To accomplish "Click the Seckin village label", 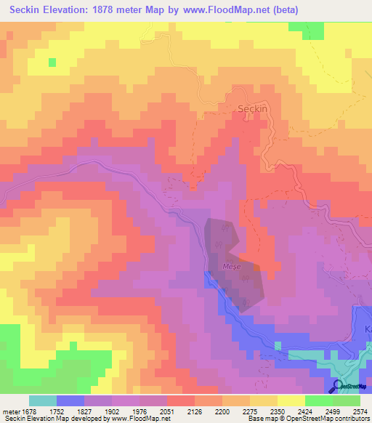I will (254, 108).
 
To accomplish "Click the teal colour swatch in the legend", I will (43, 400).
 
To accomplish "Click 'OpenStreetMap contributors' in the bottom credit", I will (325, 419).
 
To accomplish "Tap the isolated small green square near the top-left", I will (52, 62).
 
